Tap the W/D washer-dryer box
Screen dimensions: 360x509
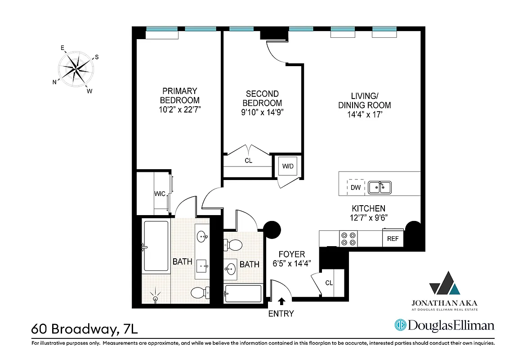point(288,166)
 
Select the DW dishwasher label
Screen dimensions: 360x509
point(355,187)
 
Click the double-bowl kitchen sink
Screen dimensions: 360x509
point(380,187)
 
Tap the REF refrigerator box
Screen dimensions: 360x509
point(393,238)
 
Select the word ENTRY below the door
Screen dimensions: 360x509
point(281,314)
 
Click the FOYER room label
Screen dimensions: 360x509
point(291,254)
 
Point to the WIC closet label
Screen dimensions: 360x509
point(160,193)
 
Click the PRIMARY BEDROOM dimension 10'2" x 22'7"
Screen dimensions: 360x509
point(179,109)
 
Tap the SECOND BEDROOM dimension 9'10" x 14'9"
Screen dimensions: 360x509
point(262,112)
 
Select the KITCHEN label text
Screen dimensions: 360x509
point(368,208)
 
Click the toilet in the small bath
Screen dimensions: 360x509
point(233,245)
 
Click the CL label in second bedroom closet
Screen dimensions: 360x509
point(249,160)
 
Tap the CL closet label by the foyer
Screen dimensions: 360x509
point(329,283)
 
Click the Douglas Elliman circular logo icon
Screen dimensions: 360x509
point(401,325)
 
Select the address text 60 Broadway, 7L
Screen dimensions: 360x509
point(85,328)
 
